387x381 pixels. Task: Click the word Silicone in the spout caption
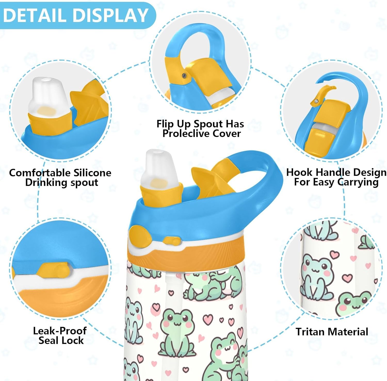click(x=92, y=173)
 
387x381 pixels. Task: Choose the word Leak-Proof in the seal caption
click(x=60, y=331)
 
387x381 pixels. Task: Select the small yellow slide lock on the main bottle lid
click(x=172, y=241)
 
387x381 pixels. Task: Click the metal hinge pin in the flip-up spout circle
click(x=184, y=75)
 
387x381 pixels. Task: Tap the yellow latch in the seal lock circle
click(x=54, y=270)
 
